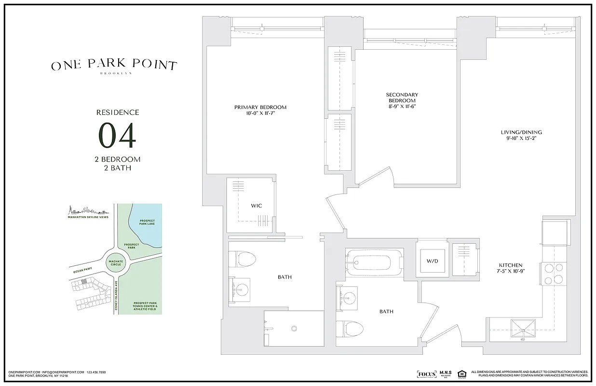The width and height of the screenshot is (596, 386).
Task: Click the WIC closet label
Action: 256,206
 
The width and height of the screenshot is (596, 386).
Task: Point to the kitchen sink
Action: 523,329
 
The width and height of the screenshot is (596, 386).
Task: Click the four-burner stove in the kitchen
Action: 554,274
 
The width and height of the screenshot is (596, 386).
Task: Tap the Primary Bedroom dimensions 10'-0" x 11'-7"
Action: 260,113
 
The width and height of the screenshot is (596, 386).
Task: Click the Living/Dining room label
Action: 518,132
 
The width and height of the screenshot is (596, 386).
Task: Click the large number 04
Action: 118,136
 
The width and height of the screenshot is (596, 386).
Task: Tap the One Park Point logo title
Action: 114,65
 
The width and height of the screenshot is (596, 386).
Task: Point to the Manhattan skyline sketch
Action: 87,211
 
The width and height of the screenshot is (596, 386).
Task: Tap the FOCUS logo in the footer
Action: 427,374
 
